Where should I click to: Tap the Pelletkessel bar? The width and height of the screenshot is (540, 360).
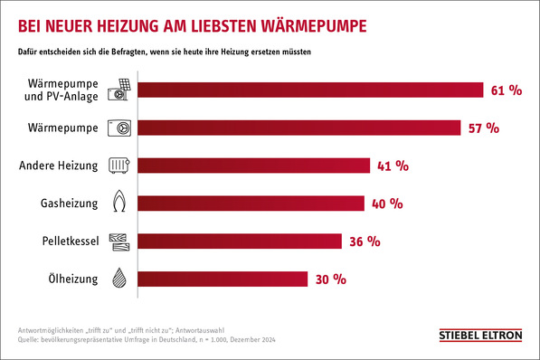(240, 241)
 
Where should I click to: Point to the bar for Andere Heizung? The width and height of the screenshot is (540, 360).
(254, 166)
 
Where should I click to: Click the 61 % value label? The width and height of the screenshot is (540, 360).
(508, 90)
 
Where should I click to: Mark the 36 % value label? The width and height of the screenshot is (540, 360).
(362, 241)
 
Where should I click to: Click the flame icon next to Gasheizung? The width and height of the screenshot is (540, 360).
(118, 203)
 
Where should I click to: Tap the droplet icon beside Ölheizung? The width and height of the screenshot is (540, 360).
(118, 279)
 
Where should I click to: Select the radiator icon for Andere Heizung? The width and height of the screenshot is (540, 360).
(118, 166)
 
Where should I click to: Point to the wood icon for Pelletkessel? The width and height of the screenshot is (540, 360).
(118, 241)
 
